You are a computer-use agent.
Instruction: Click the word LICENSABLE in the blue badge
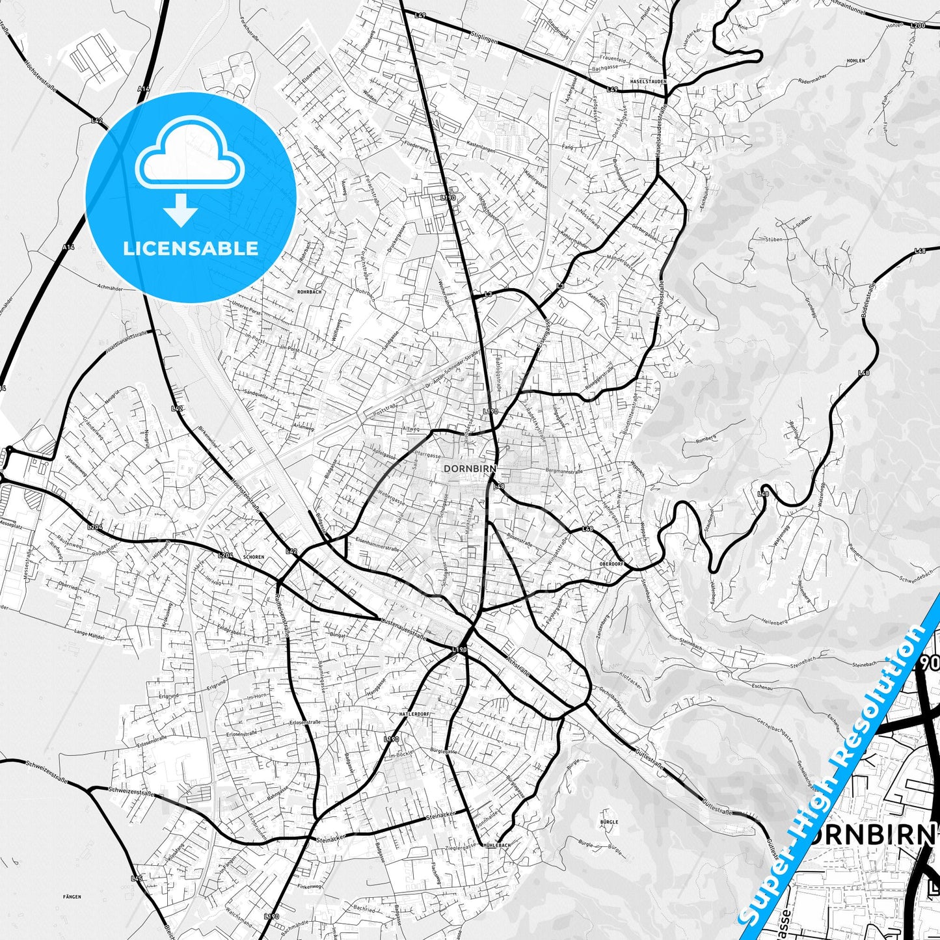pyautogui.click(x=191, y=248)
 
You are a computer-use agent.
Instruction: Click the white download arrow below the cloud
pyautogui.click(x=181, y=210)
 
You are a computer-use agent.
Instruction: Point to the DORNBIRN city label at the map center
pyautogui.click(x=470, y=468)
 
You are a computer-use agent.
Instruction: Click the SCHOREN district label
pyautogui.click(x=253, y=557)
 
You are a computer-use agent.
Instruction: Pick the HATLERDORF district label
pyautogui.click(x=415, y=714)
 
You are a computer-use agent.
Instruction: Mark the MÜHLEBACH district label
pyautogui.click(x=496, y=844)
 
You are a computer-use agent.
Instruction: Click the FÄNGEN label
pyautogui.click(x=73, y=896)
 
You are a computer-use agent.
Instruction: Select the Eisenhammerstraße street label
pyautogui.click(x=377, y=548)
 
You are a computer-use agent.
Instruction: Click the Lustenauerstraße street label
pyautogui.click(x=403, y=629)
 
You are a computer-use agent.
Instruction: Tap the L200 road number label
pyautogui.click(x=918, y=25)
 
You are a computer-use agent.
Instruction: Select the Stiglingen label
pyautogui.click(x=484, y=40)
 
